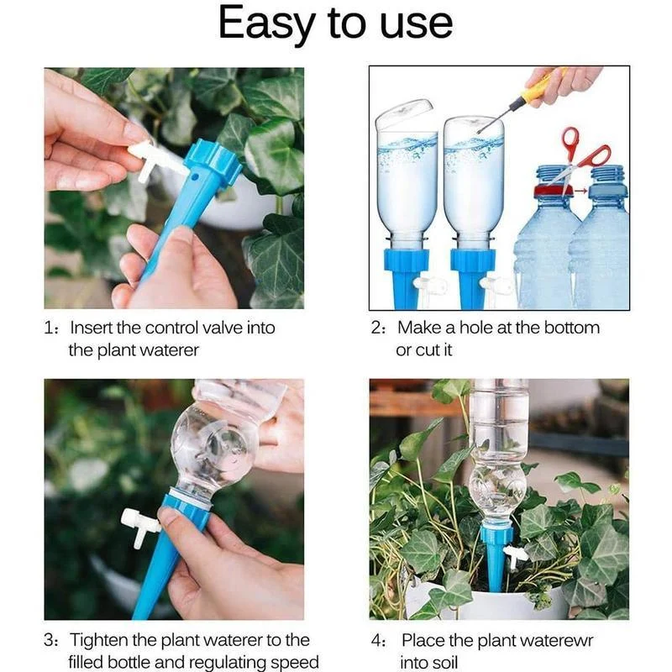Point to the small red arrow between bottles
[x=580, y=190]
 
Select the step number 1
[x=50, y=328]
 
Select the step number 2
[x=377, y=328]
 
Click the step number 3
[x=50, y=640]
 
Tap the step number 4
[x=377, y=640]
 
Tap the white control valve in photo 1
[x=148, y=160]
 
